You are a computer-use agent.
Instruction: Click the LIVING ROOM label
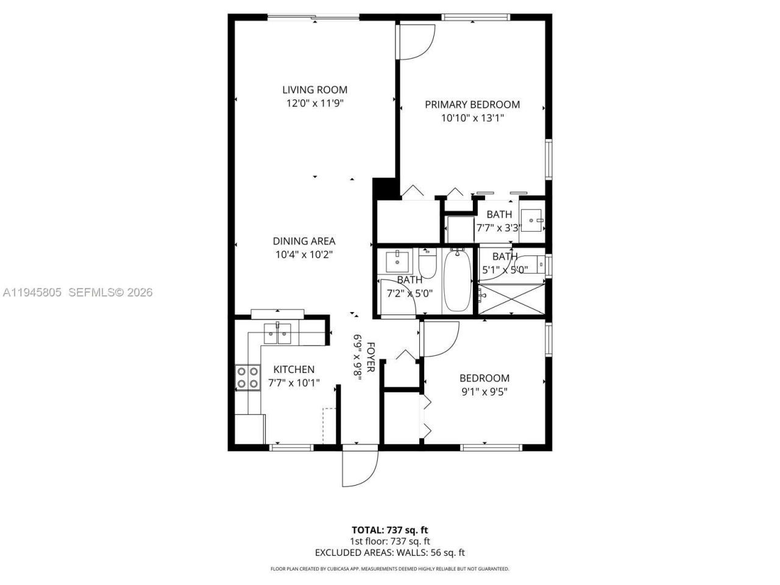[314, 90]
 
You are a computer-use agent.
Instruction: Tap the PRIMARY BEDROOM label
[472, 104]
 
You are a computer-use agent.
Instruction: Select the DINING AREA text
[303, 241]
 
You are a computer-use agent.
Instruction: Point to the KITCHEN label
[294, 369]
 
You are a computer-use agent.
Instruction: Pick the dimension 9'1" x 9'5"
[484, 391]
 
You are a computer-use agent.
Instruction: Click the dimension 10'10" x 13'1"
[472, 118]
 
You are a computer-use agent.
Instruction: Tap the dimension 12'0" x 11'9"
[315, 104]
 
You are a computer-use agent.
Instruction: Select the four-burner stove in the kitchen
[247, 377]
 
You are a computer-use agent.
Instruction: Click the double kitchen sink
[277, 332]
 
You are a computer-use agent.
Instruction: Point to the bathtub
[457, 281]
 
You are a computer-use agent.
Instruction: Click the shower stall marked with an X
[511, 299]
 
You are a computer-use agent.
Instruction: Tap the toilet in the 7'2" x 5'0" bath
[427, 263]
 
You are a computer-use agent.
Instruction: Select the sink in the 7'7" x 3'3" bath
[532, 219]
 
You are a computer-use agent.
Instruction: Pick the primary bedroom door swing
[416, 41]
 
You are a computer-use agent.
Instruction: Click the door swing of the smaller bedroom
[439, 339]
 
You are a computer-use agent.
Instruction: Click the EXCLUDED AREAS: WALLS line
[389, 553]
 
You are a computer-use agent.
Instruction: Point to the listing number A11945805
[32, 292]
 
